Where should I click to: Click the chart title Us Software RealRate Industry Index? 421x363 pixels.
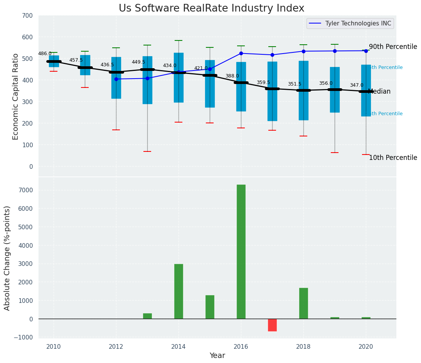211,8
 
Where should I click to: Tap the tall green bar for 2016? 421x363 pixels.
241,251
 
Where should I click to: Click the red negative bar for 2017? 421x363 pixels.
272,325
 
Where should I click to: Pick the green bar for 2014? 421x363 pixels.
179,291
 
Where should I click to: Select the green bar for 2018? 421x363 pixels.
303,303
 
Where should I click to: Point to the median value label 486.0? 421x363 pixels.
45,54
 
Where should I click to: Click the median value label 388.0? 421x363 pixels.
232,76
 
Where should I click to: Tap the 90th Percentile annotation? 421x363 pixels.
393,47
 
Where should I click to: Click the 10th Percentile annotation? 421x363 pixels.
393,158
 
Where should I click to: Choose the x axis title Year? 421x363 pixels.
217,356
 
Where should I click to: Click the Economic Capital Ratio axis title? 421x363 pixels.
16,96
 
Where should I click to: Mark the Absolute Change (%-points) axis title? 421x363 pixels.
7,258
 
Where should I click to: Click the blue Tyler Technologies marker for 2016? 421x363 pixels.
241,53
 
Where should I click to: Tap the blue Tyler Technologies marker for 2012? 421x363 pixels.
116,79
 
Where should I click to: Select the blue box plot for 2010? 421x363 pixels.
54,61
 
